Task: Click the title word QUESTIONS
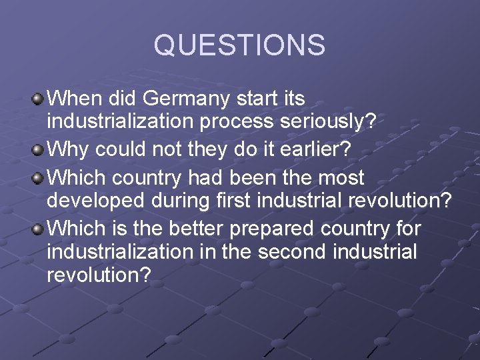239,45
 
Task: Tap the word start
259,99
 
